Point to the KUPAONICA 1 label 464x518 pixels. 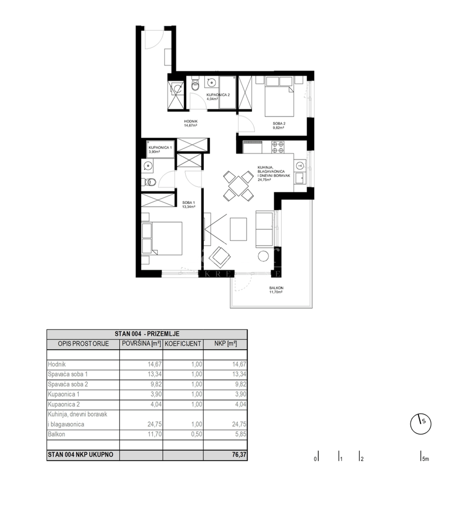point(160,148)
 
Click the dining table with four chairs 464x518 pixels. point(238,186)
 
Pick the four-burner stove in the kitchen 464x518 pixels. point(277,147)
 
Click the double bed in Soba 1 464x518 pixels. point(163,238)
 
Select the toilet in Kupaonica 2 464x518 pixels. point(195,85)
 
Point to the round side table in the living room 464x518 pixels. point(263,256)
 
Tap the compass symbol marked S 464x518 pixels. point(421,423)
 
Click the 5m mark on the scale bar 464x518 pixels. point(424,459)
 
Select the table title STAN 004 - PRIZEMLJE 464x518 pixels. point(147,334)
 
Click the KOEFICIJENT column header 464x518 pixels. point(183,344)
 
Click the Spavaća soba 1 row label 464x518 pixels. point(68,374)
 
